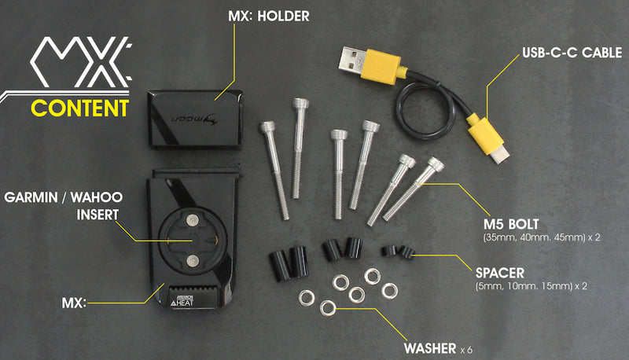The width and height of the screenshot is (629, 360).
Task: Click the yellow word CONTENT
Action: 80,108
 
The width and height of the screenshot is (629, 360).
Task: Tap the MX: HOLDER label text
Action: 269,16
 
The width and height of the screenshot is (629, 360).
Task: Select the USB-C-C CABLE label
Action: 572,53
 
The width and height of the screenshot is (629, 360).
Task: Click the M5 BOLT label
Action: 511,224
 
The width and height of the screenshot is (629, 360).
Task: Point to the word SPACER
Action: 500,273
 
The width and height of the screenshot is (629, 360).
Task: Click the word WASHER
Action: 430,348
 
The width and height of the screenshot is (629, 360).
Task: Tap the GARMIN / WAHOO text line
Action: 64,197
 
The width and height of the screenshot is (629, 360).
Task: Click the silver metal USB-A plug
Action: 351,59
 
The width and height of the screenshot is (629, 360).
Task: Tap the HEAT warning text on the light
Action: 185,303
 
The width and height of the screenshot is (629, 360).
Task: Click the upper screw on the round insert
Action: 193,219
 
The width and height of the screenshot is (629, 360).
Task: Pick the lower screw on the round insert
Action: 193,261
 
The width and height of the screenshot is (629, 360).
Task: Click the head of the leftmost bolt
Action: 267,127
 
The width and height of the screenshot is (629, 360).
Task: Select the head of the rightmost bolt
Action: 436,163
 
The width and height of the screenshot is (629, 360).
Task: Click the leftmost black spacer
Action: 280,266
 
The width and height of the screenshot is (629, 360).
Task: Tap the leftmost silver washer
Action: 307,298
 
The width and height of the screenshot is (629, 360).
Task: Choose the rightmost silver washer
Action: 389,291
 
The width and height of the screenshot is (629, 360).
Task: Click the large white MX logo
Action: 81,62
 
